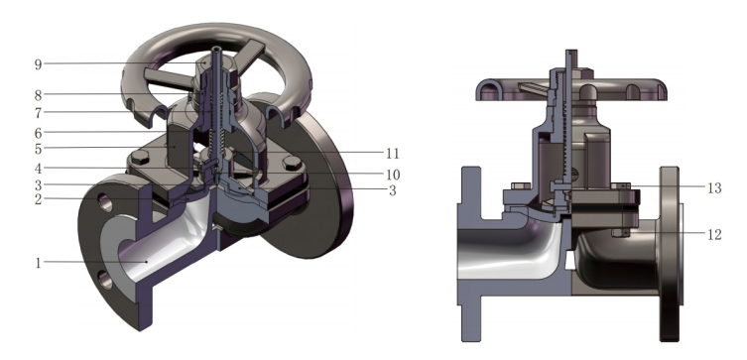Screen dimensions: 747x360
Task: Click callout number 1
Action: tap(38, 264)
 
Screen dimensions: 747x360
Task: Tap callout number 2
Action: tap(38, 199)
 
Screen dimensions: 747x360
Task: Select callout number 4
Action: tap(38, 169)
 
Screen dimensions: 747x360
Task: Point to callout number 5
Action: tap(38, 149)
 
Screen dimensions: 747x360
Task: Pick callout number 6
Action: tap(38, 133)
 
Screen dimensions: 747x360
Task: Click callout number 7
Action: tap(38, 113)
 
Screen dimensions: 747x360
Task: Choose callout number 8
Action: tap(38, 95)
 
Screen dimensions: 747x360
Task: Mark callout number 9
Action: tap(38, 64)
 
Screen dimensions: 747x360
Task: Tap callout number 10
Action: tap(393, 175)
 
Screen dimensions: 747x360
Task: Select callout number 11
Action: tap(392, 154)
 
